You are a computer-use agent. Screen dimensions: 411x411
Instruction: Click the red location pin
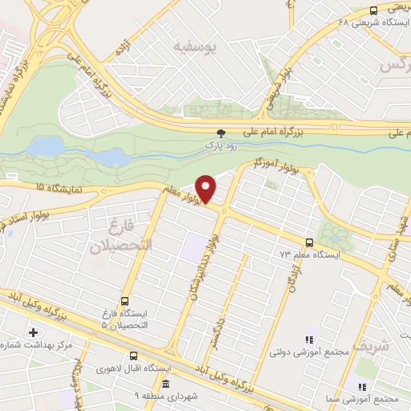pos(207,189)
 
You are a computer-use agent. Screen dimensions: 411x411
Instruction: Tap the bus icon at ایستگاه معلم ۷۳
pos(310,242)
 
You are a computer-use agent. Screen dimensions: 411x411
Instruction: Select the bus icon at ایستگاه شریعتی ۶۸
pos(373,10)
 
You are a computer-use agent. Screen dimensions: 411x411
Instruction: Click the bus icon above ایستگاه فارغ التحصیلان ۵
pos(124,302)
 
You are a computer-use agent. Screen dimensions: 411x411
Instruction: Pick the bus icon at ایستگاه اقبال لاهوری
pos(133,356)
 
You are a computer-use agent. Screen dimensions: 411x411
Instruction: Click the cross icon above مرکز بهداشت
pos(33,332)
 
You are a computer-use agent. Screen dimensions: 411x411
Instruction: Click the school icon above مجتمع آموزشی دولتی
pos(311,340)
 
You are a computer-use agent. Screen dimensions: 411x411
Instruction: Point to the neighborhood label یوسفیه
pos(194,47)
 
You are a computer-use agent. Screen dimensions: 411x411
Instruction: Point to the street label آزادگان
pos(291,283)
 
